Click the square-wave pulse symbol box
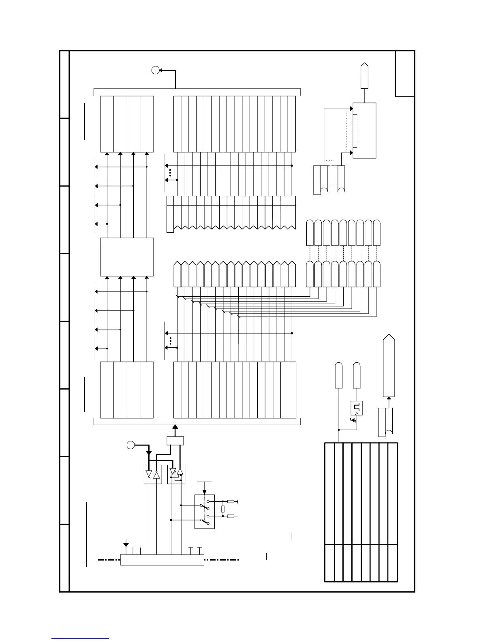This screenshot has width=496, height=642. pos(357,408)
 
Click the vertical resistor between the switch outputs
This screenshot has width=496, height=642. pos(223,509)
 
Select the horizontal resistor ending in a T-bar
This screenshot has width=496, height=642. pos(231,502)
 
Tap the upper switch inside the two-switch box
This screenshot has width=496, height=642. pos(205,506)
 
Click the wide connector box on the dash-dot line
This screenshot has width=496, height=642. pos(162,560)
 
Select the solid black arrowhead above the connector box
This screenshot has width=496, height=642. pos(126,544)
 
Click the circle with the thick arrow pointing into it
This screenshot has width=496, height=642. pos(155,70)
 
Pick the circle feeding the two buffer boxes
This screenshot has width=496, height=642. pos(130,445)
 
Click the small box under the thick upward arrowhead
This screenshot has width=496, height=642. pos(175,440)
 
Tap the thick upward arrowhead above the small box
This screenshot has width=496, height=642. pos(175,427)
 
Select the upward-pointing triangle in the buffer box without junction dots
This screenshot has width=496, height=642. pos(157,474)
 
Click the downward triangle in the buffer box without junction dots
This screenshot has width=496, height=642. pos(149,474)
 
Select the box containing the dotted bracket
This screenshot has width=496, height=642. pos(365,130)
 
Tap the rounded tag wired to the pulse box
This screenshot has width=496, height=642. pos(357,376)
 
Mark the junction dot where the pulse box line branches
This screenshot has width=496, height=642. pos(339,430)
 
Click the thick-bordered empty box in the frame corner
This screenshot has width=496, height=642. pos(405,74)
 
